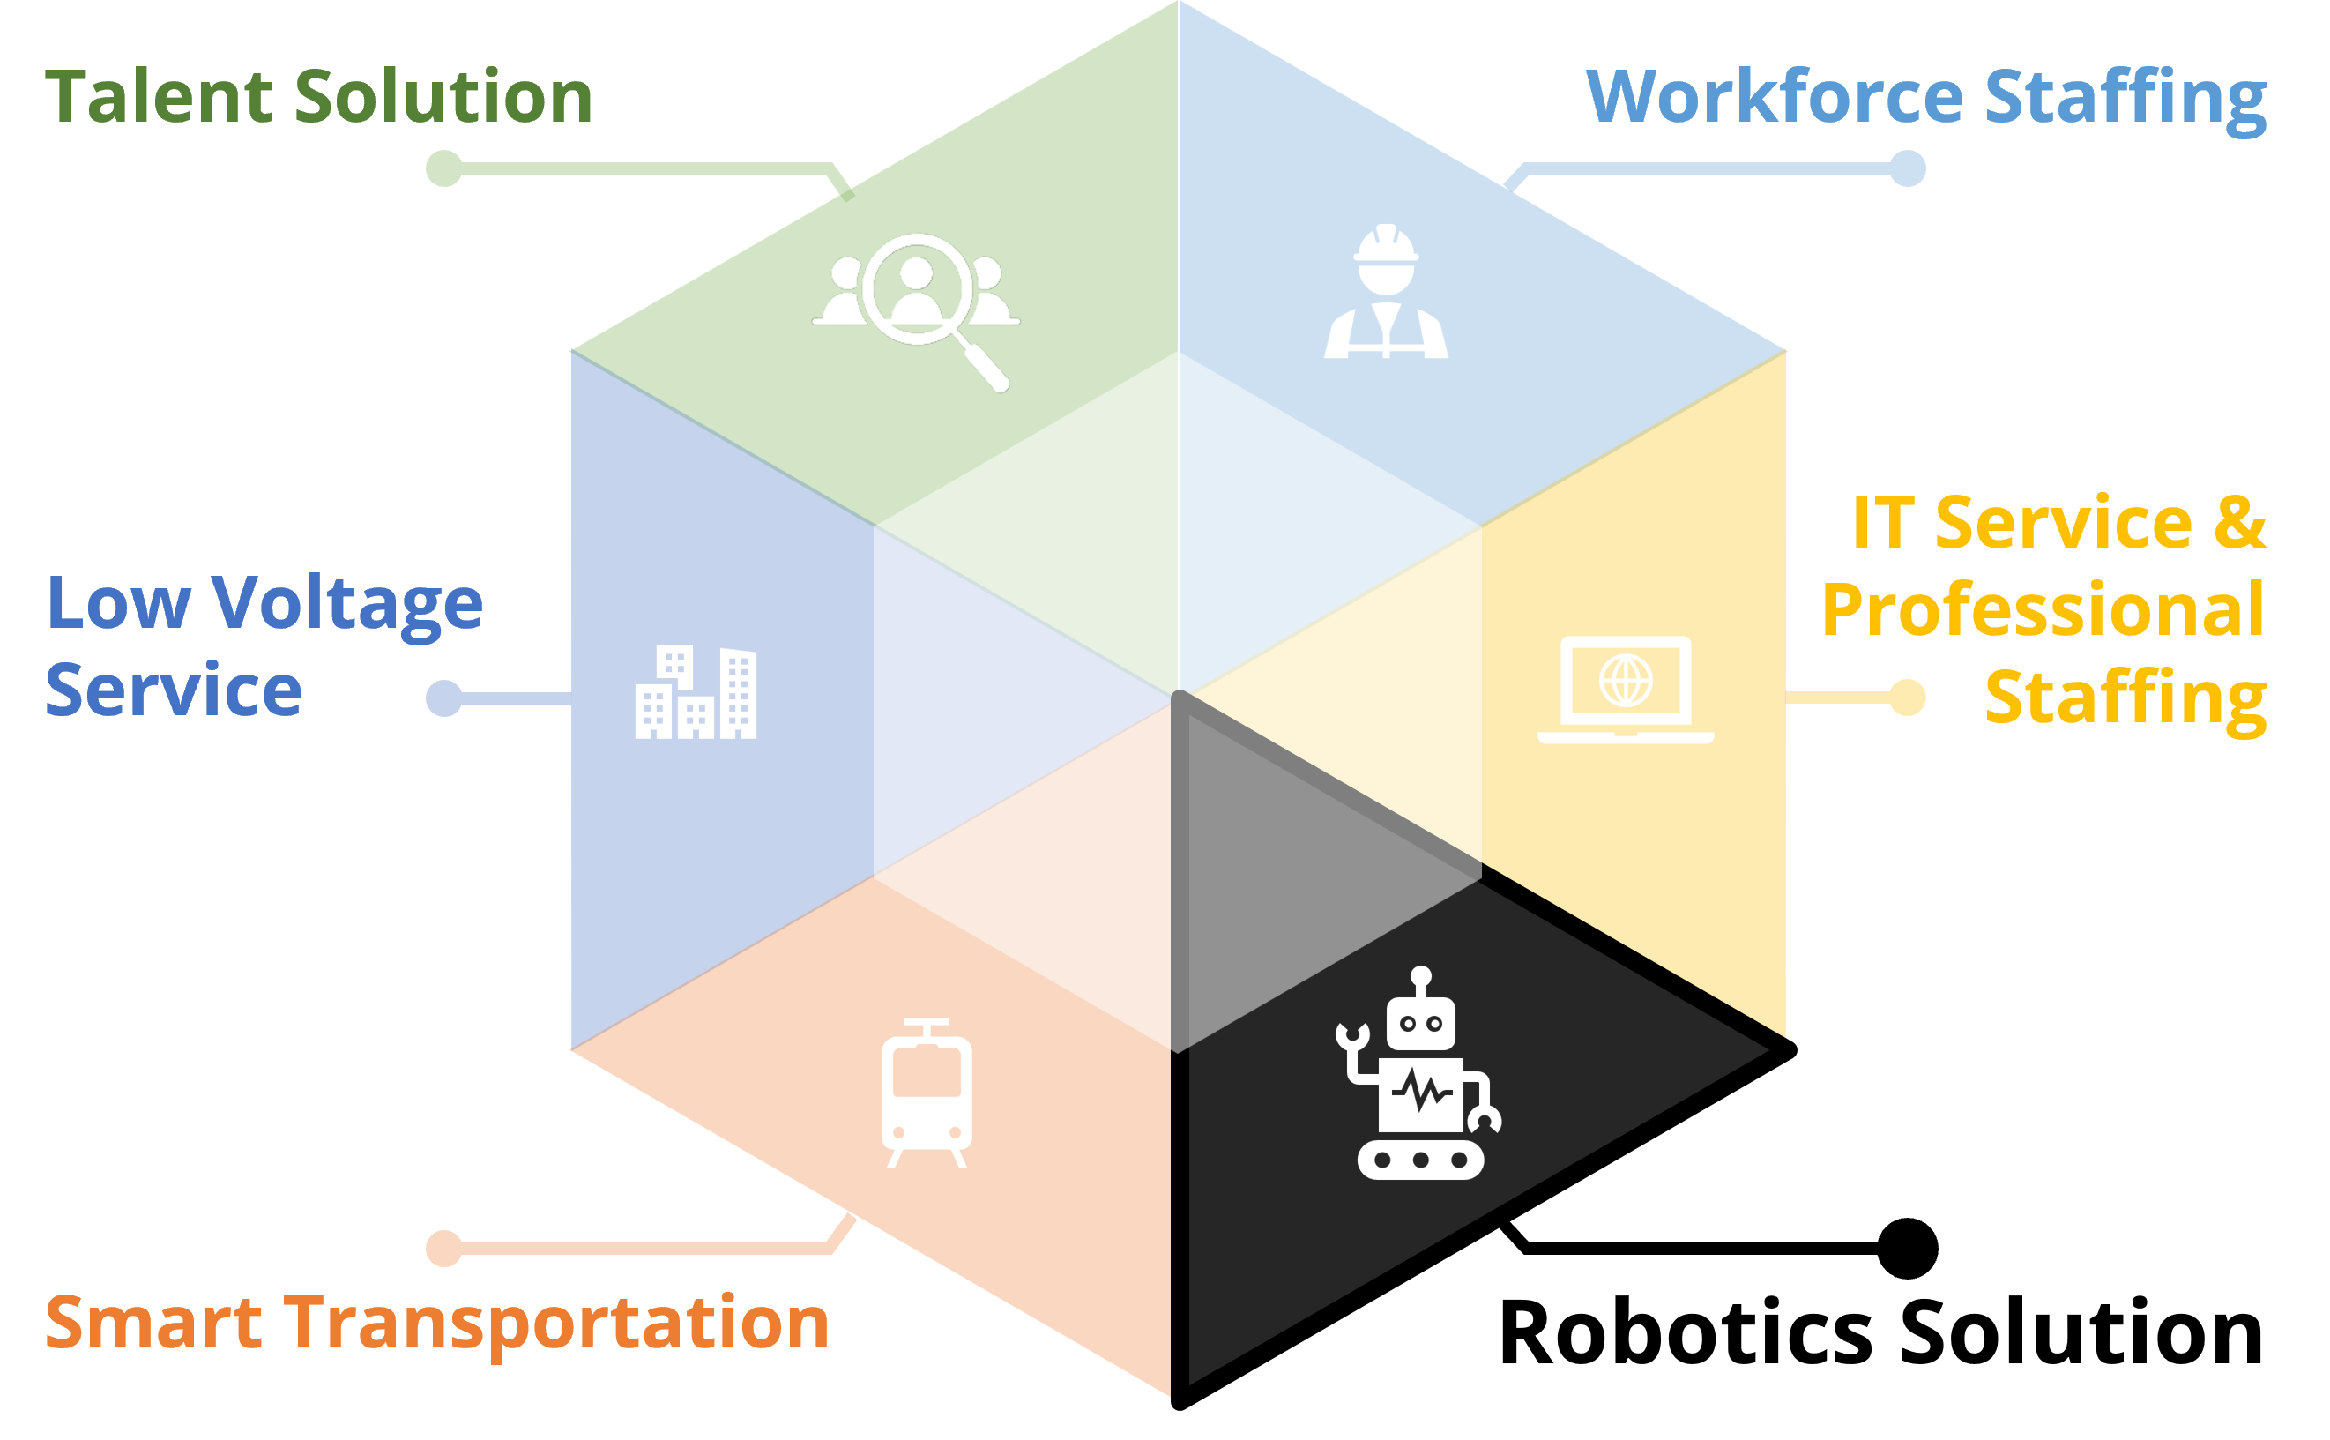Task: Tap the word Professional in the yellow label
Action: pyautogui.click(x=2043, y=609)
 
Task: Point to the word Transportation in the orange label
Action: pyautogui.click(x=557, y=1323)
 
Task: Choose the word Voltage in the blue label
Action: pyautogui.click(x=346, y=606)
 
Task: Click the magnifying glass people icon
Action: pyautogui.click(x=916, y=311)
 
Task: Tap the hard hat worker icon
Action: pyautogui.click(x=1387, y=290)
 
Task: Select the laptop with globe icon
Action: pyautogui.click(x=1626, y=690)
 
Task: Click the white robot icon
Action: pyautogui.click(x=1418, y=1073)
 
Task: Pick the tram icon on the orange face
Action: pyautogui.click(x=927, y=1093)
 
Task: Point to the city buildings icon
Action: pyautogui.click(x=696, y=692)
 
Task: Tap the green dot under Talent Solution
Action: pyautogui.click(x=443, y=168)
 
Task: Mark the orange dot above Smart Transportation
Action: pyautogui.click(x=443, y=1249)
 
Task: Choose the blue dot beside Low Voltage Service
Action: pyautogui.click(x=443, y=698)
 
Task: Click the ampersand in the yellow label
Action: pyautogui.click(x=2239, y=523)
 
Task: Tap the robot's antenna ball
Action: pyautogui.click(x=1421, y=976)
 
